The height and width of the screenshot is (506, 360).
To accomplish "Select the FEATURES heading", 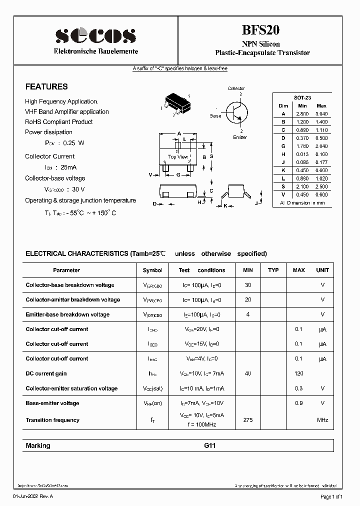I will click(x=46, y=86).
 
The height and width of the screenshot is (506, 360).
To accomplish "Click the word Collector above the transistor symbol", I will click(x=236, y=88).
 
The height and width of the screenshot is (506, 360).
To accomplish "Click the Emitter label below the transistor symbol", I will click(x=239, y=137).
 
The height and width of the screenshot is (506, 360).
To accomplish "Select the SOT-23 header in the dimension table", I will click(x=302, y=98).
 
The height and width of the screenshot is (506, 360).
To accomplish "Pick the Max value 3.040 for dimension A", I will click(x=321, y=114).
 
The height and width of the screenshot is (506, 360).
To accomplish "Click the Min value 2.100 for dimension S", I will click(x=302, y=186).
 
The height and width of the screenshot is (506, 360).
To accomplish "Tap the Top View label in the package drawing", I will click(x=178, y=157).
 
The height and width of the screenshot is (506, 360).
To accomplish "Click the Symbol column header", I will click(x=152, y=270).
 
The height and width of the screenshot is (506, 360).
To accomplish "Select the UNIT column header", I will click(x=322, y=270).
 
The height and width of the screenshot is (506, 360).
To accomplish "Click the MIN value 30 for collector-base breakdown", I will click(x=247, y=285).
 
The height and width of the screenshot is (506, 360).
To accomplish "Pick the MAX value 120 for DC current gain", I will click(x=299, y=373).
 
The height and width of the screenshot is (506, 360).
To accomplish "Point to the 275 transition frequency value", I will click(x=247, y=420).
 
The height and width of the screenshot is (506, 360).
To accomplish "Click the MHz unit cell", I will click(x=322, y=420).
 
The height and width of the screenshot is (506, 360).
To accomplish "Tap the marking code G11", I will click(x=210, y=445).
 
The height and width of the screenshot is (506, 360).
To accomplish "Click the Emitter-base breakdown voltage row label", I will click(x=67, y=314).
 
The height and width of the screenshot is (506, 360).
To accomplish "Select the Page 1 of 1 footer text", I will click(x=331, y=496).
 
